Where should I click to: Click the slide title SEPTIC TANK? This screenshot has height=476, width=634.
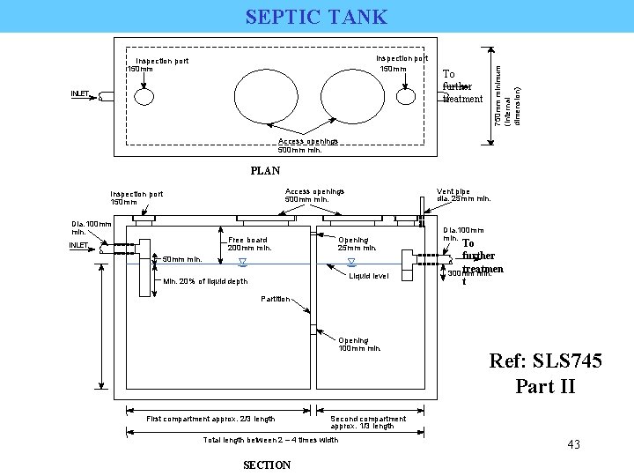316,16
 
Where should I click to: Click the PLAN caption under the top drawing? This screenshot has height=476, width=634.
265,171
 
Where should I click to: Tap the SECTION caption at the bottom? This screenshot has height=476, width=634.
266,465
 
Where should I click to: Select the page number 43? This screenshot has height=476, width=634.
573,444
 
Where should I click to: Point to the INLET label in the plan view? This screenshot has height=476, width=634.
84,93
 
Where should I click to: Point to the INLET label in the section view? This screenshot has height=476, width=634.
84,245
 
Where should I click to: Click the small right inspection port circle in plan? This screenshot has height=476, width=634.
408,94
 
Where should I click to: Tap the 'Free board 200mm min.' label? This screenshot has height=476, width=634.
249,243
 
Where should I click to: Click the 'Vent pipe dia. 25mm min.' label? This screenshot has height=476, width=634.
463,194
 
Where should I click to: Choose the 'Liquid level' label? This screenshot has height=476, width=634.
368,276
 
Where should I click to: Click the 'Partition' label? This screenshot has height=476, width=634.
276,299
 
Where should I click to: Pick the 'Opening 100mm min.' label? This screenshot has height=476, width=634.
359,344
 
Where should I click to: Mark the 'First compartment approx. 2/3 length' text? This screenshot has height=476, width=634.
210,419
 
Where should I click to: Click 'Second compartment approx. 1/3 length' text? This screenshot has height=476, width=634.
368,422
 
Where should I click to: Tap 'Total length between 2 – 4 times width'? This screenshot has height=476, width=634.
270,440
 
